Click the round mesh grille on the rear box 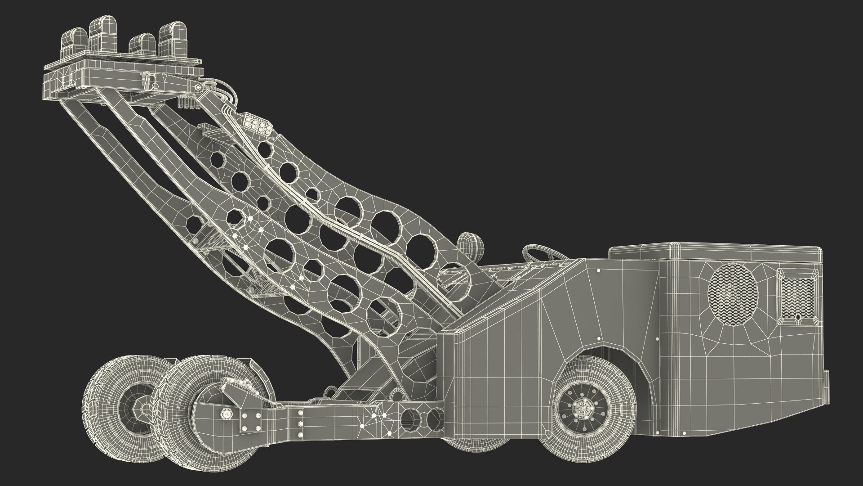[733, 289]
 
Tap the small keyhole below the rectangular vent [798, 318]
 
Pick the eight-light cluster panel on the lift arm [256, 123]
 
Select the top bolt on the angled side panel [598, 271]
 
